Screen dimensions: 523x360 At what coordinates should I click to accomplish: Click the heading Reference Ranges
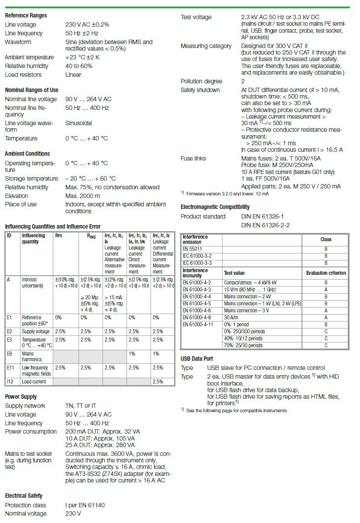[x=26, y=15]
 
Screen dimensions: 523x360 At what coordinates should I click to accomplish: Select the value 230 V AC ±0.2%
[x=87, y=24]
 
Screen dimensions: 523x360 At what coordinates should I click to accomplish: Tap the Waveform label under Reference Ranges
[x=18, y=42]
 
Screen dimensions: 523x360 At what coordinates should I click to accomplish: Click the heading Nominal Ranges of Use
[x=31, y=90]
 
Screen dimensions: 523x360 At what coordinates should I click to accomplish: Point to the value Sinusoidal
[x=79, y=123]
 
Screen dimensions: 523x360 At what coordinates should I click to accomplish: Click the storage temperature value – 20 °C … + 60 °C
[x=90, y=178]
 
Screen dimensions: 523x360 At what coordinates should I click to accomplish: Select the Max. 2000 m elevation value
[x=82, y=196]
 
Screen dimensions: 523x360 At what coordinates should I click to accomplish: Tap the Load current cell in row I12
[x=34, y=382]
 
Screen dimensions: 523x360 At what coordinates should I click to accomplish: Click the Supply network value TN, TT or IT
[x=81, y=406]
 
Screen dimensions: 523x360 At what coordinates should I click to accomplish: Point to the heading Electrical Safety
[x=24, y=496]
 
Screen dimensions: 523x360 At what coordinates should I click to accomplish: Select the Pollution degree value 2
[x=243, y=81]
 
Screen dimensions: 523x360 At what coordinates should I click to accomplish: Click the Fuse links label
[x=193, y=158]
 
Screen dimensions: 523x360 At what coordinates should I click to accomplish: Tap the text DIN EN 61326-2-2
[x=265, y=225]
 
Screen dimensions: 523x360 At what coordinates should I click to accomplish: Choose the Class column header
[x=326, y=239]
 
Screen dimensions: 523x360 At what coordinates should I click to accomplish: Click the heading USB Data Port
[x=197, y=359]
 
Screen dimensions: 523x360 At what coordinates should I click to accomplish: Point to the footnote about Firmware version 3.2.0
[x=227, y=194]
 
